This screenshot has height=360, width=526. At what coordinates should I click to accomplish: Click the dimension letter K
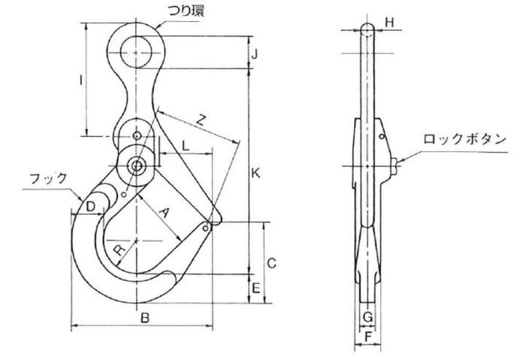256,174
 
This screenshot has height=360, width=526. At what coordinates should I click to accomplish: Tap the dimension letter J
255,53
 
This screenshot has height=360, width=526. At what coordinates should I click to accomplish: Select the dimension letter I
80,80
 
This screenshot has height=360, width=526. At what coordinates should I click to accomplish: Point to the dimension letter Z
201,119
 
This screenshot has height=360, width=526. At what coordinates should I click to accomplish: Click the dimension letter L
186,146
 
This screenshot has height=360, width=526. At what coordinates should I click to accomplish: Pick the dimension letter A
164,213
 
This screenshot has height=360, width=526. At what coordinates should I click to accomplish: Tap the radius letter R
119,250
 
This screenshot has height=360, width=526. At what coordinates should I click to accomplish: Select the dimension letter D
91,207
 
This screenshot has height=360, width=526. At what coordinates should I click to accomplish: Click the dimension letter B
144,318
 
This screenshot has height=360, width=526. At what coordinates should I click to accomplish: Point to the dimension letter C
271,263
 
